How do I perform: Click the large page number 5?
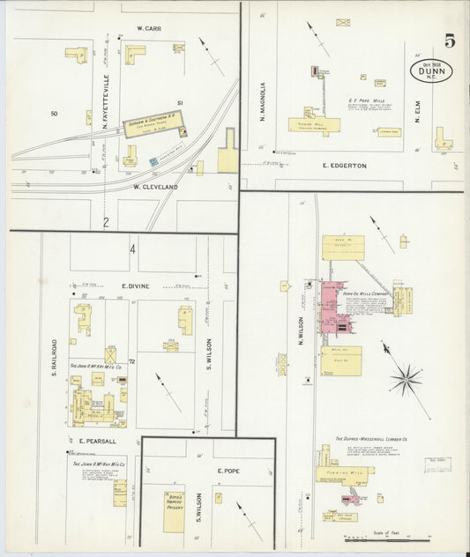click(450, 41)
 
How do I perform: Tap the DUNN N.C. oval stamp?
click(433, 72)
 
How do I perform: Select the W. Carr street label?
click(146, 28)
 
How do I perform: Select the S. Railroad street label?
click(54, 358)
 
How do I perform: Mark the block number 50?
click(54, 114)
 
